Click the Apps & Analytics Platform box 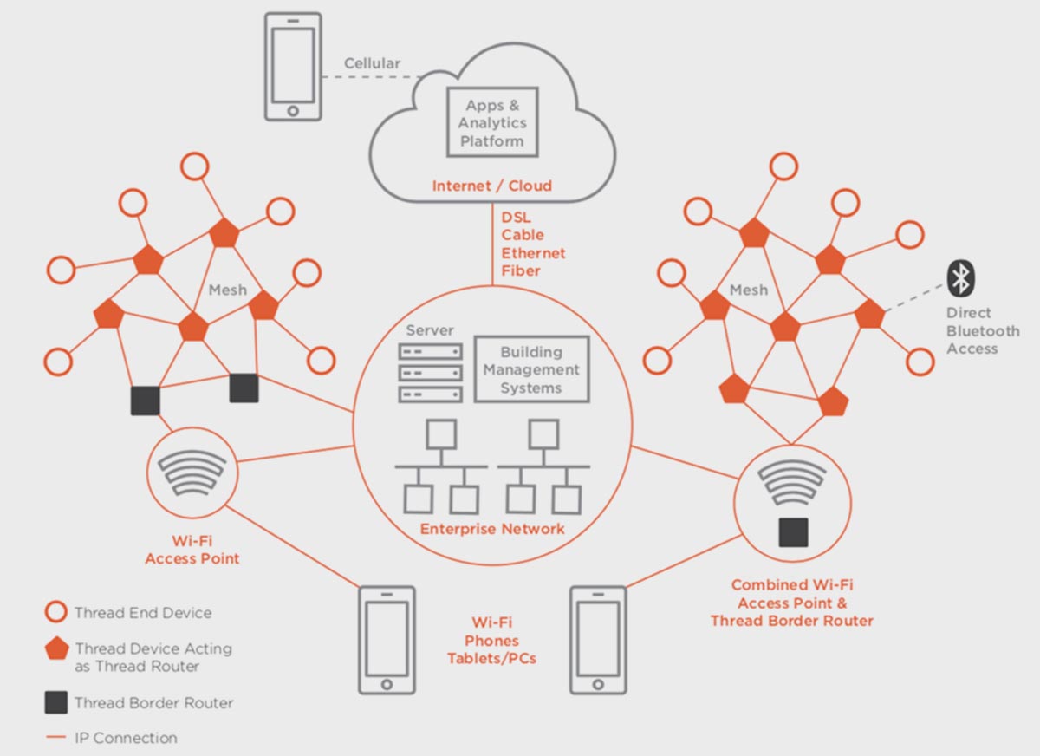tap(491, 122)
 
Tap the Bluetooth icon tap(959, 278)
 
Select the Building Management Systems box tap(531, 370)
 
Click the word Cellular tap(372, 63)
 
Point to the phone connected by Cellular tap(292, 66)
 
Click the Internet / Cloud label tap(491, 186)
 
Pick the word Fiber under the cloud tap(521, 270)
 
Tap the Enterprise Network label tap(492, 529)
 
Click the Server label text tap(430, 331)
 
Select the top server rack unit tap(430, 352)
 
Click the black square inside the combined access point tap(793, 531)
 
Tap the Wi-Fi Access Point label tap(192, 550)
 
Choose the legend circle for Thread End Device tap(56, 613)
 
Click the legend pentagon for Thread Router tap(56, 649)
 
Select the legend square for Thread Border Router tap(56, 702)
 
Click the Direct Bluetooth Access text tap(982, 330)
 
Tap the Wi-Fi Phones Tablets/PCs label tap(491, 641)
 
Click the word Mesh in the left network tap(227, 290)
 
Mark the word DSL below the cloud tap(517, 217)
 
